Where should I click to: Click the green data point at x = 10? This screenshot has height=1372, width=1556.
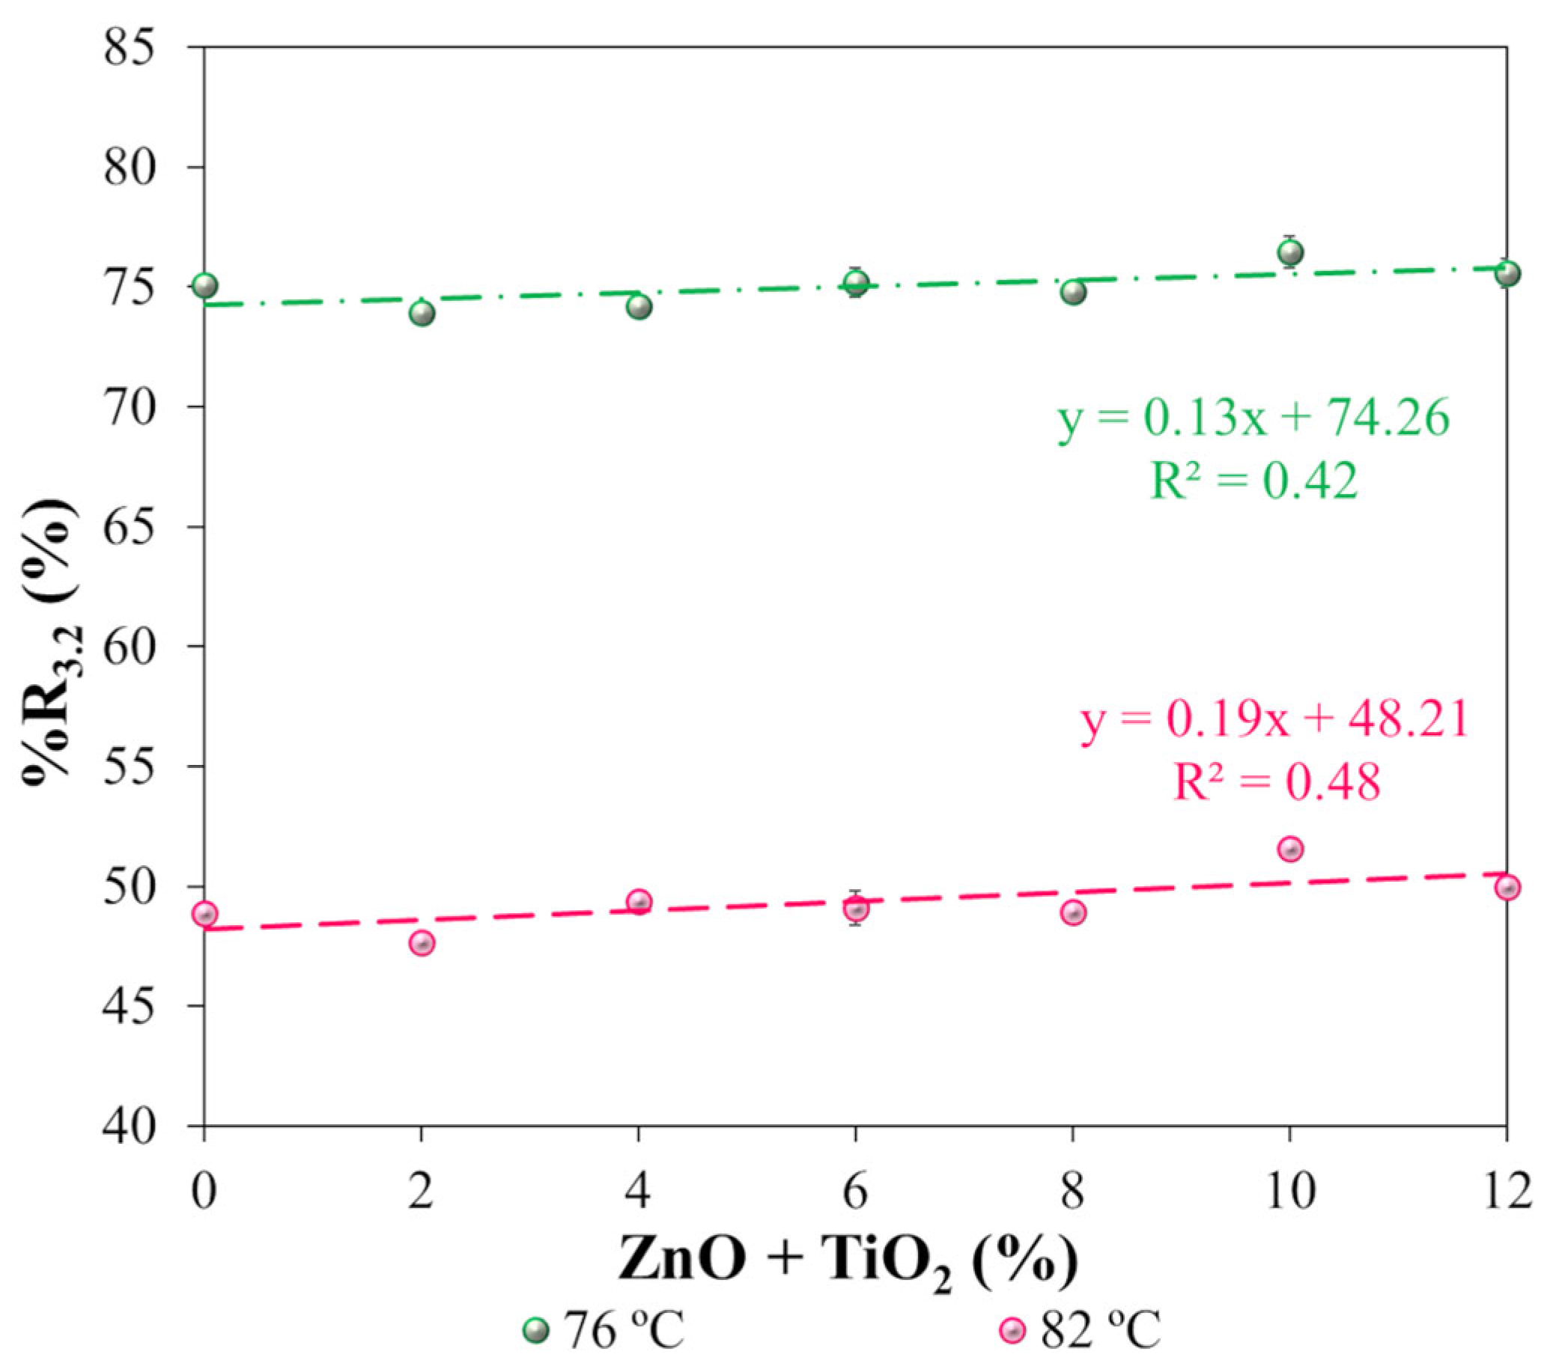(1289, 252)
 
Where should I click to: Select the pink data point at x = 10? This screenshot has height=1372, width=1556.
(1289, 849)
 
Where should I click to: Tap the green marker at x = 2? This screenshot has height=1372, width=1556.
(422, 313)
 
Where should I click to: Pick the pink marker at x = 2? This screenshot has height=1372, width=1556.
(422, 944)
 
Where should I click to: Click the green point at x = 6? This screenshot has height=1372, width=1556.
(857, 284)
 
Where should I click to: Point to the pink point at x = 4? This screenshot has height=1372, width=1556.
(639, 902)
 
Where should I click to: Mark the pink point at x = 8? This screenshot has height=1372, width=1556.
(1072, 912)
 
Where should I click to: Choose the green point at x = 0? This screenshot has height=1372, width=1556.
(204, 286)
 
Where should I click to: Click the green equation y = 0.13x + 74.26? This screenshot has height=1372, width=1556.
(1253, 418)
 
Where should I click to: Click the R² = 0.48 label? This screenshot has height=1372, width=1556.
(1276, 781)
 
